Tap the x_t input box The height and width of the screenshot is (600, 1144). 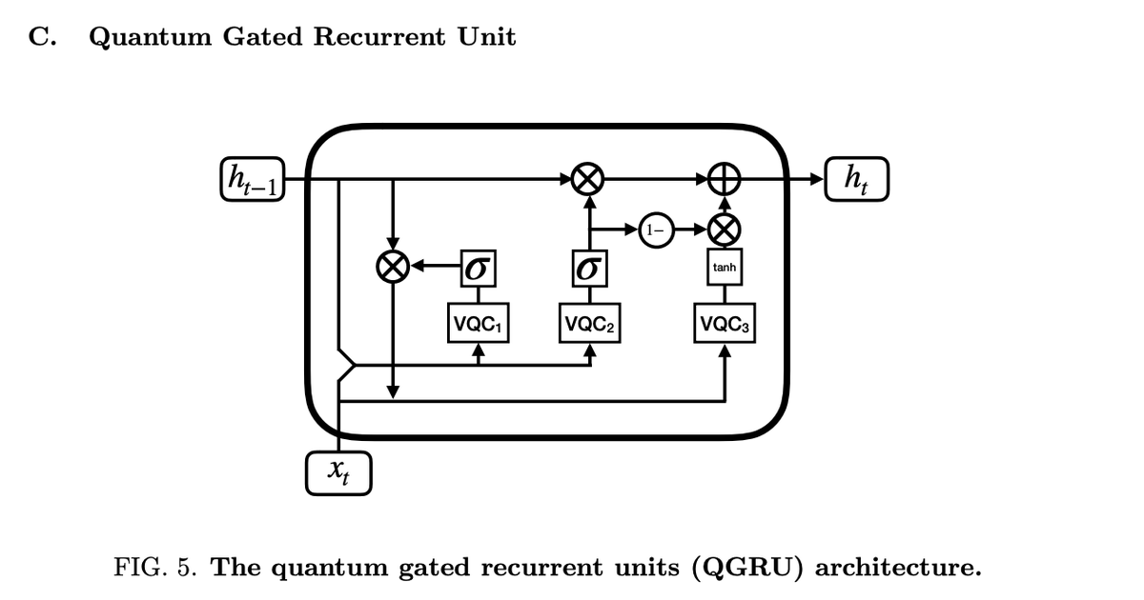(x=338, y=473)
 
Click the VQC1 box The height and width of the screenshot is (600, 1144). (x=479, y=323)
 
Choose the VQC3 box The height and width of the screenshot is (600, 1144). (x=725, y=325)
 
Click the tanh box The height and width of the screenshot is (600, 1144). (x=725, y=269)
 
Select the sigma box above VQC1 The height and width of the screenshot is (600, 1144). (x=479, y=268)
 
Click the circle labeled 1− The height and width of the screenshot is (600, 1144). (x=656, y=230)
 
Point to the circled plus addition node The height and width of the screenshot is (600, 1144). (x=725, y=179)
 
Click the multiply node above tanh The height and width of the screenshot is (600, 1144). (x=725, y=230)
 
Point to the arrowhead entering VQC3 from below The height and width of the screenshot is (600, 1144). (x=725, y=351)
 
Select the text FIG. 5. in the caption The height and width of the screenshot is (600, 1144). (x=156, y=569)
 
